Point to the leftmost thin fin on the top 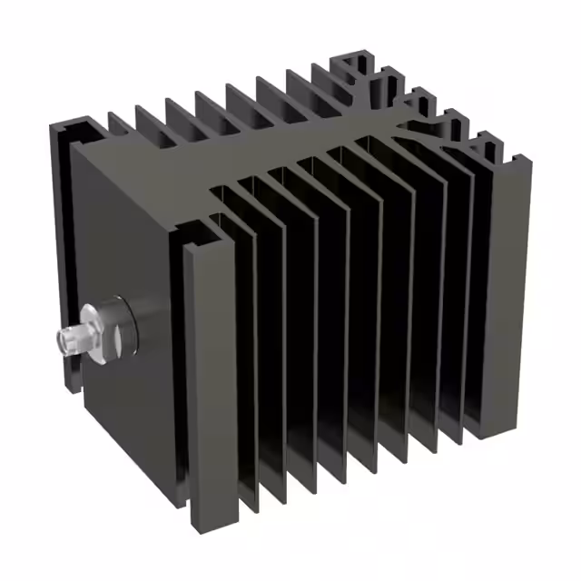[x=118, y=123]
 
